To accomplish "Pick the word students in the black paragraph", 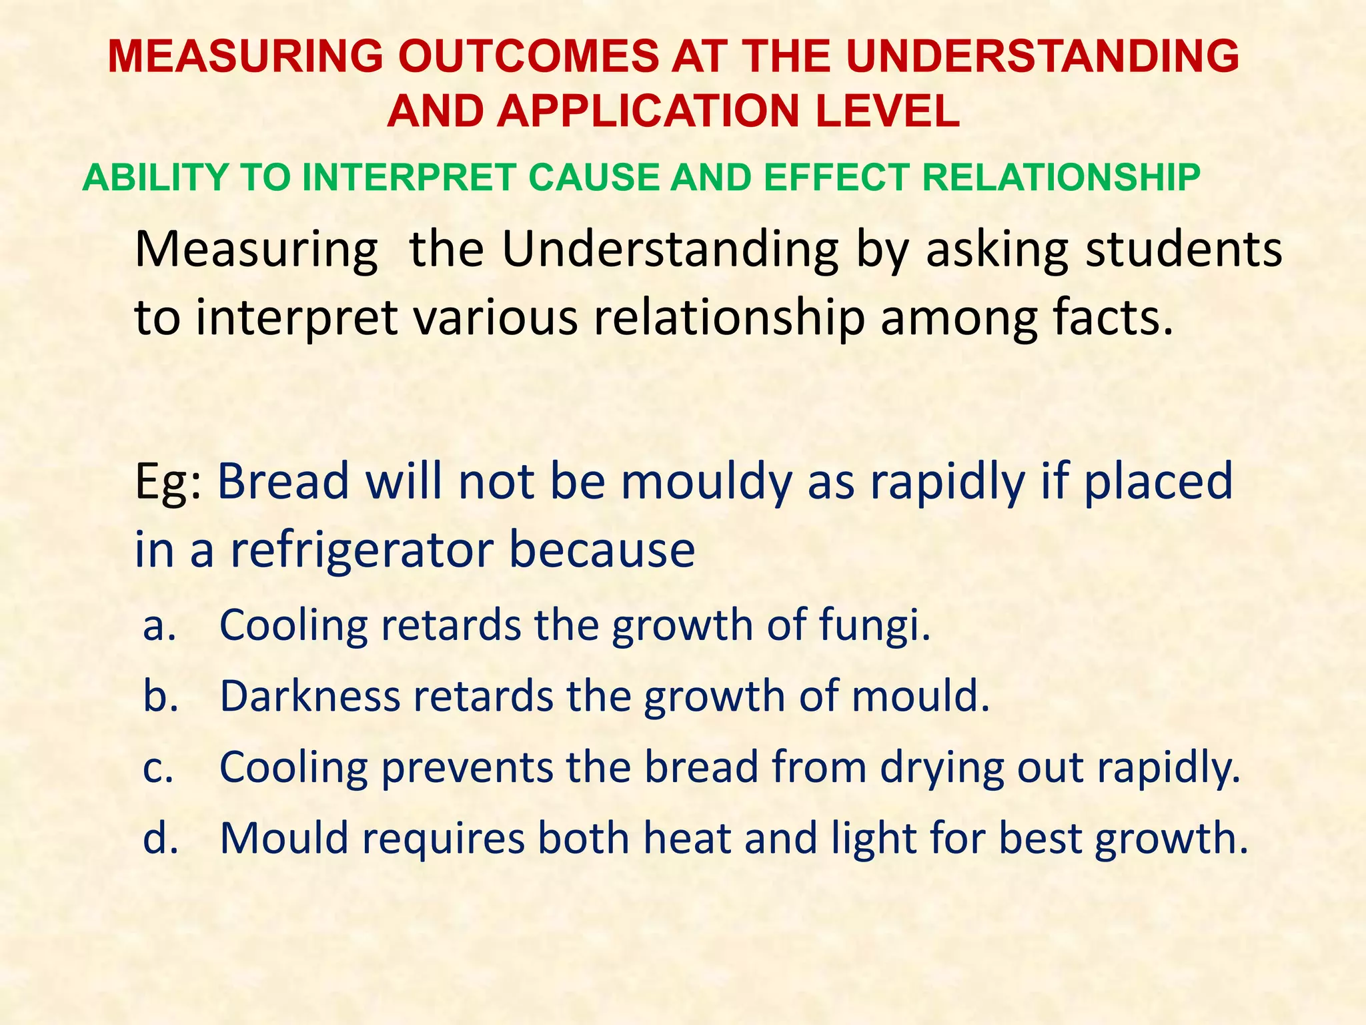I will (1184, 250).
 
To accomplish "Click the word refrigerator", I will (362, 551).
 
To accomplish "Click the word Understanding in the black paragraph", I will (670, 250).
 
